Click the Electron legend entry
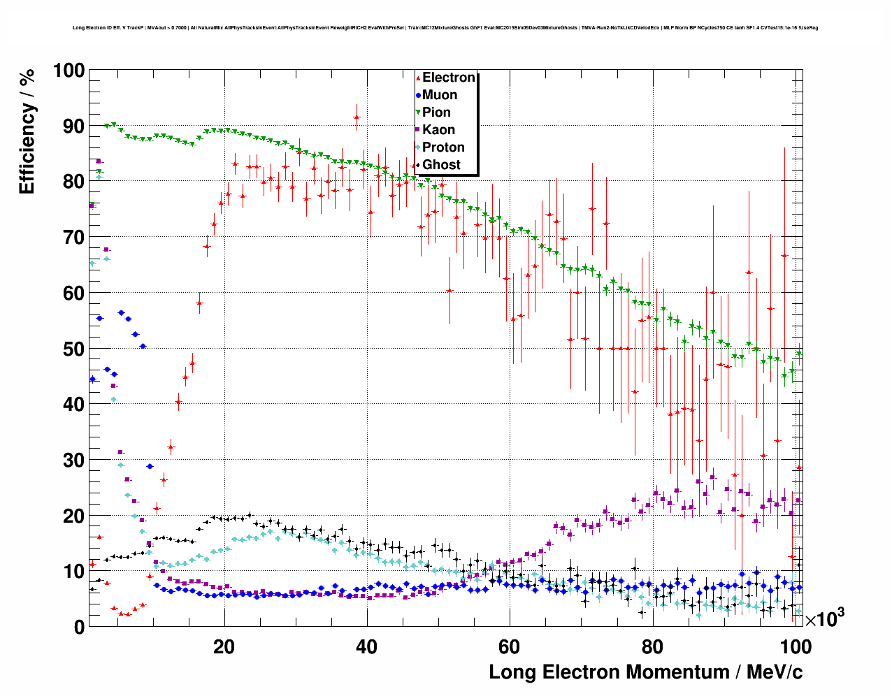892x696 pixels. coord(448,78)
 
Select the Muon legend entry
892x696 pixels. coord(439,95)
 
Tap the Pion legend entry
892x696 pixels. coord(436,113)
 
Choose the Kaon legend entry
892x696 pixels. coord(438,130)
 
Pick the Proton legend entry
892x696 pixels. coord(443,147)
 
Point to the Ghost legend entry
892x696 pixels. coord(441,165)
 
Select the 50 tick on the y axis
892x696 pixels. coord(73,349)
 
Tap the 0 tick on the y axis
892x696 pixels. coord(78,627)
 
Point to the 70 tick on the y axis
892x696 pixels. coord(73,238)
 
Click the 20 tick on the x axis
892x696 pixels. coord(224,646)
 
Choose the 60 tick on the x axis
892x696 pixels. coord(509,646)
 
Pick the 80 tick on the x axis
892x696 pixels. coord(652,646)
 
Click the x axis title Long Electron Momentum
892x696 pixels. coord(645,672)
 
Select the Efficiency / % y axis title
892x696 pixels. coord(27,131)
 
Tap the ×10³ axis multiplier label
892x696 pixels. coord(824,618)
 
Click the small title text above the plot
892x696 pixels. coord(445,28)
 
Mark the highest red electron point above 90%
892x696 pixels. coord(357,117)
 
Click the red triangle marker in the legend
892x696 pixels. coord(418,78)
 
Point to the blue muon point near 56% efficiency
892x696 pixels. coord(121,312)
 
